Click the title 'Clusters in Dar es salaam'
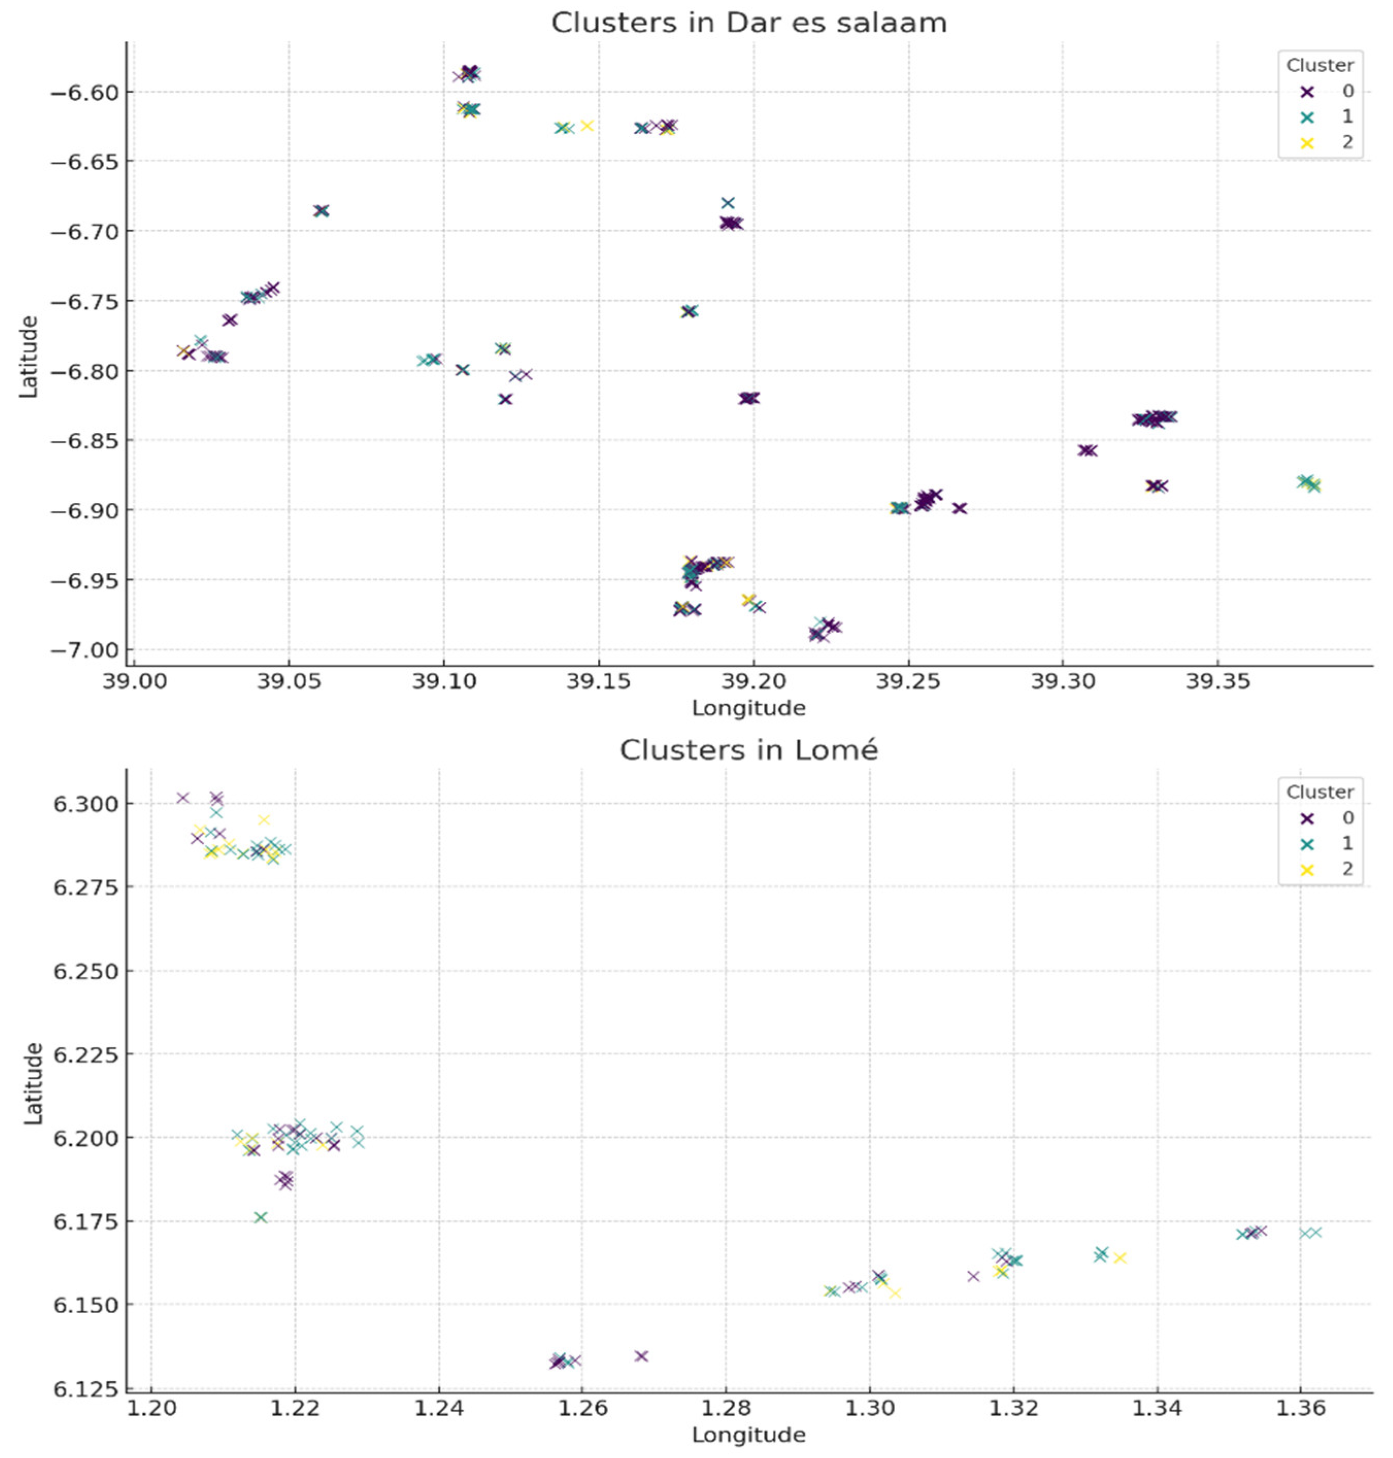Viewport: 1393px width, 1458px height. (748, 23)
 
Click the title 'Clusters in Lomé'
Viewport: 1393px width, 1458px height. (748, 751)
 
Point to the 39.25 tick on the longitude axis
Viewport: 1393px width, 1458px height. (908, 681)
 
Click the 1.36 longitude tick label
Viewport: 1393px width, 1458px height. (1300, 1408)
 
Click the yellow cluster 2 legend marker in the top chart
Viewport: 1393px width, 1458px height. (1307, 143)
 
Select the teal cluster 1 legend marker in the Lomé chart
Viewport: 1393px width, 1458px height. (1307, 844)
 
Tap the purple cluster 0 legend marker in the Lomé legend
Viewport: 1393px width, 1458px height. (1307, 819)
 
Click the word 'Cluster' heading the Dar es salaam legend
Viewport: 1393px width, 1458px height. (1319, 65)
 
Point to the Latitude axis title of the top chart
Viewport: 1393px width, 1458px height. (28, 357)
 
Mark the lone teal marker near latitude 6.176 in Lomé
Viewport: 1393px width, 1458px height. (261, 1217)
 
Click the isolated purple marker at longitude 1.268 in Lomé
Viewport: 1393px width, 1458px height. (642, 1357)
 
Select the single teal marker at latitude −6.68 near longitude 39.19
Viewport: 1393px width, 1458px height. (728, 202)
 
